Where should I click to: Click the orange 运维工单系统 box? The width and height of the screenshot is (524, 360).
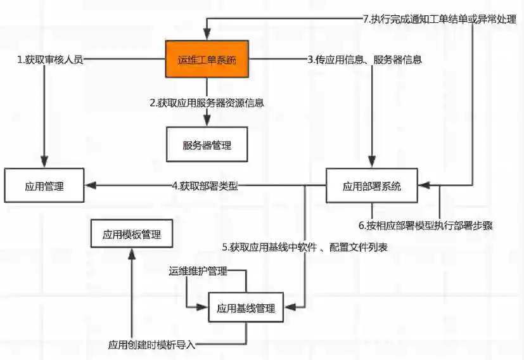coord(207,60)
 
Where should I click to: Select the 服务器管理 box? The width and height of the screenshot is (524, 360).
coord(207,145)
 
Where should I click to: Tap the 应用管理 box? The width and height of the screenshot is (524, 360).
coord(45,186)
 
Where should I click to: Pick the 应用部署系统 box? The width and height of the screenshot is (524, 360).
coord(371,186)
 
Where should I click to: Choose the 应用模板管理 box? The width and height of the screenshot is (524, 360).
coord(132,234)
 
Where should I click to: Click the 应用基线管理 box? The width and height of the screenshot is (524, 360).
coord(246,309)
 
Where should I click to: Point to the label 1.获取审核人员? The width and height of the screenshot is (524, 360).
coord(50,60)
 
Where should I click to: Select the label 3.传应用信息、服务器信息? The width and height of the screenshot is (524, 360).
coord(365,60)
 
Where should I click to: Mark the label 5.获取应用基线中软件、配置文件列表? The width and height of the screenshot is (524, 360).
coord(305,247)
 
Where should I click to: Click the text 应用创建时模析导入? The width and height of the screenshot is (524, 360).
coord(151,345)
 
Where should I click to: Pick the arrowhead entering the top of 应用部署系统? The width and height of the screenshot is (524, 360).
coord(371,164)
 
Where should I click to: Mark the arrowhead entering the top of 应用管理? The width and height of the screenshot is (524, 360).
coord(45,164)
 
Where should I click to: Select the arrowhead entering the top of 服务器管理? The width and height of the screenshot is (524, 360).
coord(207,122)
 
